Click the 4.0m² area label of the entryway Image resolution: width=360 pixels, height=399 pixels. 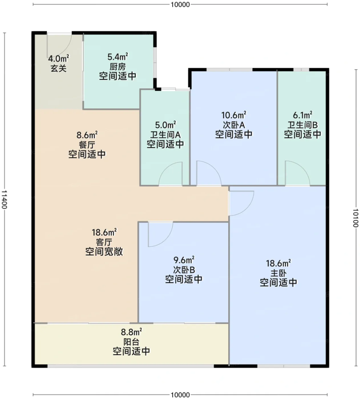coord(58,58)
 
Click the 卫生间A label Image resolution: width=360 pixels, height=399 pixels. coord(165,135)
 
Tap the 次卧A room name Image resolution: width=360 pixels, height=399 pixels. coord(234,125)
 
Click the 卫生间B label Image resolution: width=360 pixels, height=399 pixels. coord(302,125)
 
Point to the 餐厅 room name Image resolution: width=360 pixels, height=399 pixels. coord(87,145)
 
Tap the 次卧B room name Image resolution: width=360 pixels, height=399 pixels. coord(184,270)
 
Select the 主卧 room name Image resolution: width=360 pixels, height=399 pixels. coord(279,273)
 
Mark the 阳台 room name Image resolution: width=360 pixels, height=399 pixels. coord(131,342)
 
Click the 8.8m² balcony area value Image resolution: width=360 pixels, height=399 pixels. coord(131,332)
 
